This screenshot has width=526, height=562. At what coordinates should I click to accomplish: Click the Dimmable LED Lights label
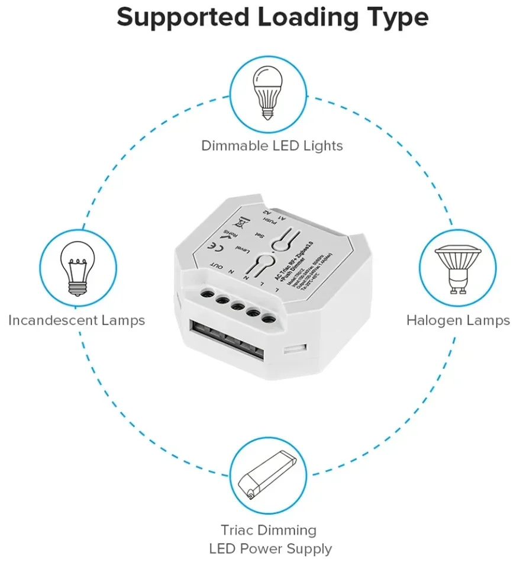[272, 145]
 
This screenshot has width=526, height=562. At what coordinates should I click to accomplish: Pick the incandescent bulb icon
[77, 270]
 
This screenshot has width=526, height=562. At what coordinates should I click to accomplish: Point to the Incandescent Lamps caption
[76, 320]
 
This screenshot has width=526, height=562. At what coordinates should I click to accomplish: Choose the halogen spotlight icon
[457, 269]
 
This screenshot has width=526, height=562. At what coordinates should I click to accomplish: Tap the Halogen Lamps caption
[457, 320]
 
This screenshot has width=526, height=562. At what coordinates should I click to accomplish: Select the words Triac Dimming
[269, 529]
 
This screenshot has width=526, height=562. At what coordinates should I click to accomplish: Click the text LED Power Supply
[270, 548]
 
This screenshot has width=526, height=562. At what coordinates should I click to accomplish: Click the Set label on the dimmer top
[259, 235]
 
